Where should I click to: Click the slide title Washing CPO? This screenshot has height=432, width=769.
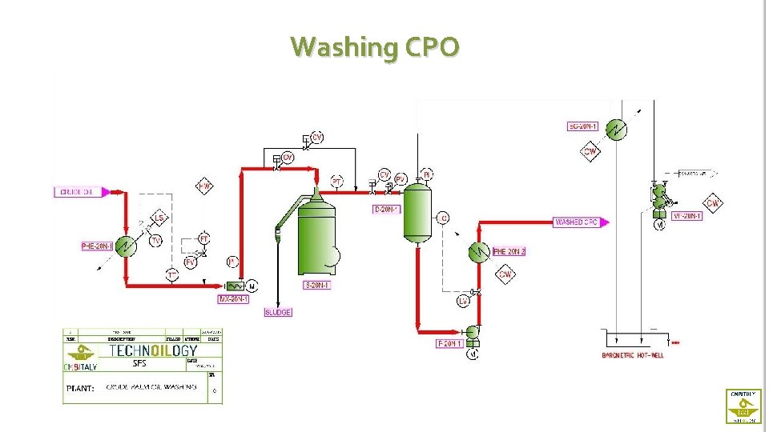coord(375,47)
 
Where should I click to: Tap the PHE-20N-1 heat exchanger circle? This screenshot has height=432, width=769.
coord(125,246)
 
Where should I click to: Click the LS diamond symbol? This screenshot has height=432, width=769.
coord(159,218)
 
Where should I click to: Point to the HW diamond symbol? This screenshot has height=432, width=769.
coord(205,187)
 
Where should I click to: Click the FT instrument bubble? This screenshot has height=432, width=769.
coord(204,239)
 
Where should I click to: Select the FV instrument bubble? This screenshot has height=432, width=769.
coord(191,262)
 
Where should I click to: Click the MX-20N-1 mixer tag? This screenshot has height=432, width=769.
coord(234,299)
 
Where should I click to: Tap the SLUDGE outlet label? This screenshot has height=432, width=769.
coord(278,312)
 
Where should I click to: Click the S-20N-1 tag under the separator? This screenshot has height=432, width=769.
coord(316,285)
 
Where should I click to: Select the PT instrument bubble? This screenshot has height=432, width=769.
coord(337,182)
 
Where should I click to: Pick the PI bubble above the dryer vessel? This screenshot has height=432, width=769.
coord(428,174)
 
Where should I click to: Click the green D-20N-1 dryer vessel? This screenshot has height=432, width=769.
coord(417,212)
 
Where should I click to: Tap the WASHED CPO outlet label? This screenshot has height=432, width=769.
coord(577,222)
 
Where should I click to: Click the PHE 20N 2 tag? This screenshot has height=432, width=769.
coord(509,251)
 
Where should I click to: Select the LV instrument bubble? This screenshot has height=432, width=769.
coord(463,301)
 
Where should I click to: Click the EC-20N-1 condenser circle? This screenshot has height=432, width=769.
coord(615,131)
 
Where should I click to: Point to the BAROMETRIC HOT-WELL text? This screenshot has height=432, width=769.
coord(633,354)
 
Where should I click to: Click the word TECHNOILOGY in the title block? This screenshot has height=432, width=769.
coord(152,350)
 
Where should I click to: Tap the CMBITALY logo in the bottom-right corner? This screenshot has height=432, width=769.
coord(743,406)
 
